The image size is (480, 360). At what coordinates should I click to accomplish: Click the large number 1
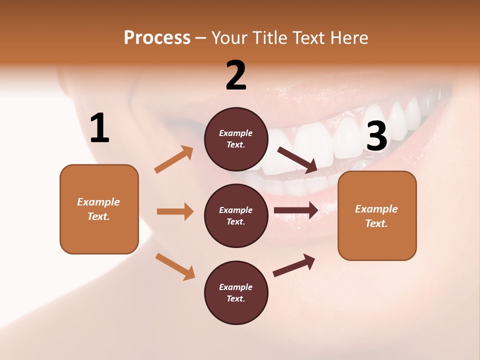coord(99,128)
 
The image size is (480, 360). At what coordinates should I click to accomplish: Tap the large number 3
coord(376,136)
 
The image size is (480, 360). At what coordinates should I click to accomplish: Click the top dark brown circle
coord(236,139)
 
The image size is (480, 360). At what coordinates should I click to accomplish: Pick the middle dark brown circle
coord(236,215)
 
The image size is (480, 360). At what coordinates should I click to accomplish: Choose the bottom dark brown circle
coord(236,292)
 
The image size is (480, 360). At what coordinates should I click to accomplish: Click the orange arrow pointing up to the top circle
coord(174,159)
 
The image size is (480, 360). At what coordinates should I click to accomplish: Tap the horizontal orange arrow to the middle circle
coord(175,211)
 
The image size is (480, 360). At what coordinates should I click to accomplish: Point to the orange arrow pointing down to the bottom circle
coord(175,266)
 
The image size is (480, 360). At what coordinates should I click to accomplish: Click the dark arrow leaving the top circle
coord(297,159)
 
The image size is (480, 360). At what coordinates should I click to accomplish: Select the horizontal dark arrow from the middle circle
coord(296,210)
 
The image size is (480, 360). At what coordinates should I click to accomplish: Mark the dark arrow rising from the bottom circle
coord(294,265)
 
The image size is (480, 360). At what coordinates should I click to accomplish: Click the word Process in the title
coord(157,37)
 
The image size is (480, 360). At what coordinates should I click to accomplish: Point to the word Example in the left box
coord(98,202)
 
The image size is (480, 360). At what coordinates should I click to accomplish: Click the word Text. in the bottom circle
coord(236,298)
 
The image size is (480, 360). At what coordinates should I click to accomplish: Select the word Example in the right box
coord(376,209)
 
